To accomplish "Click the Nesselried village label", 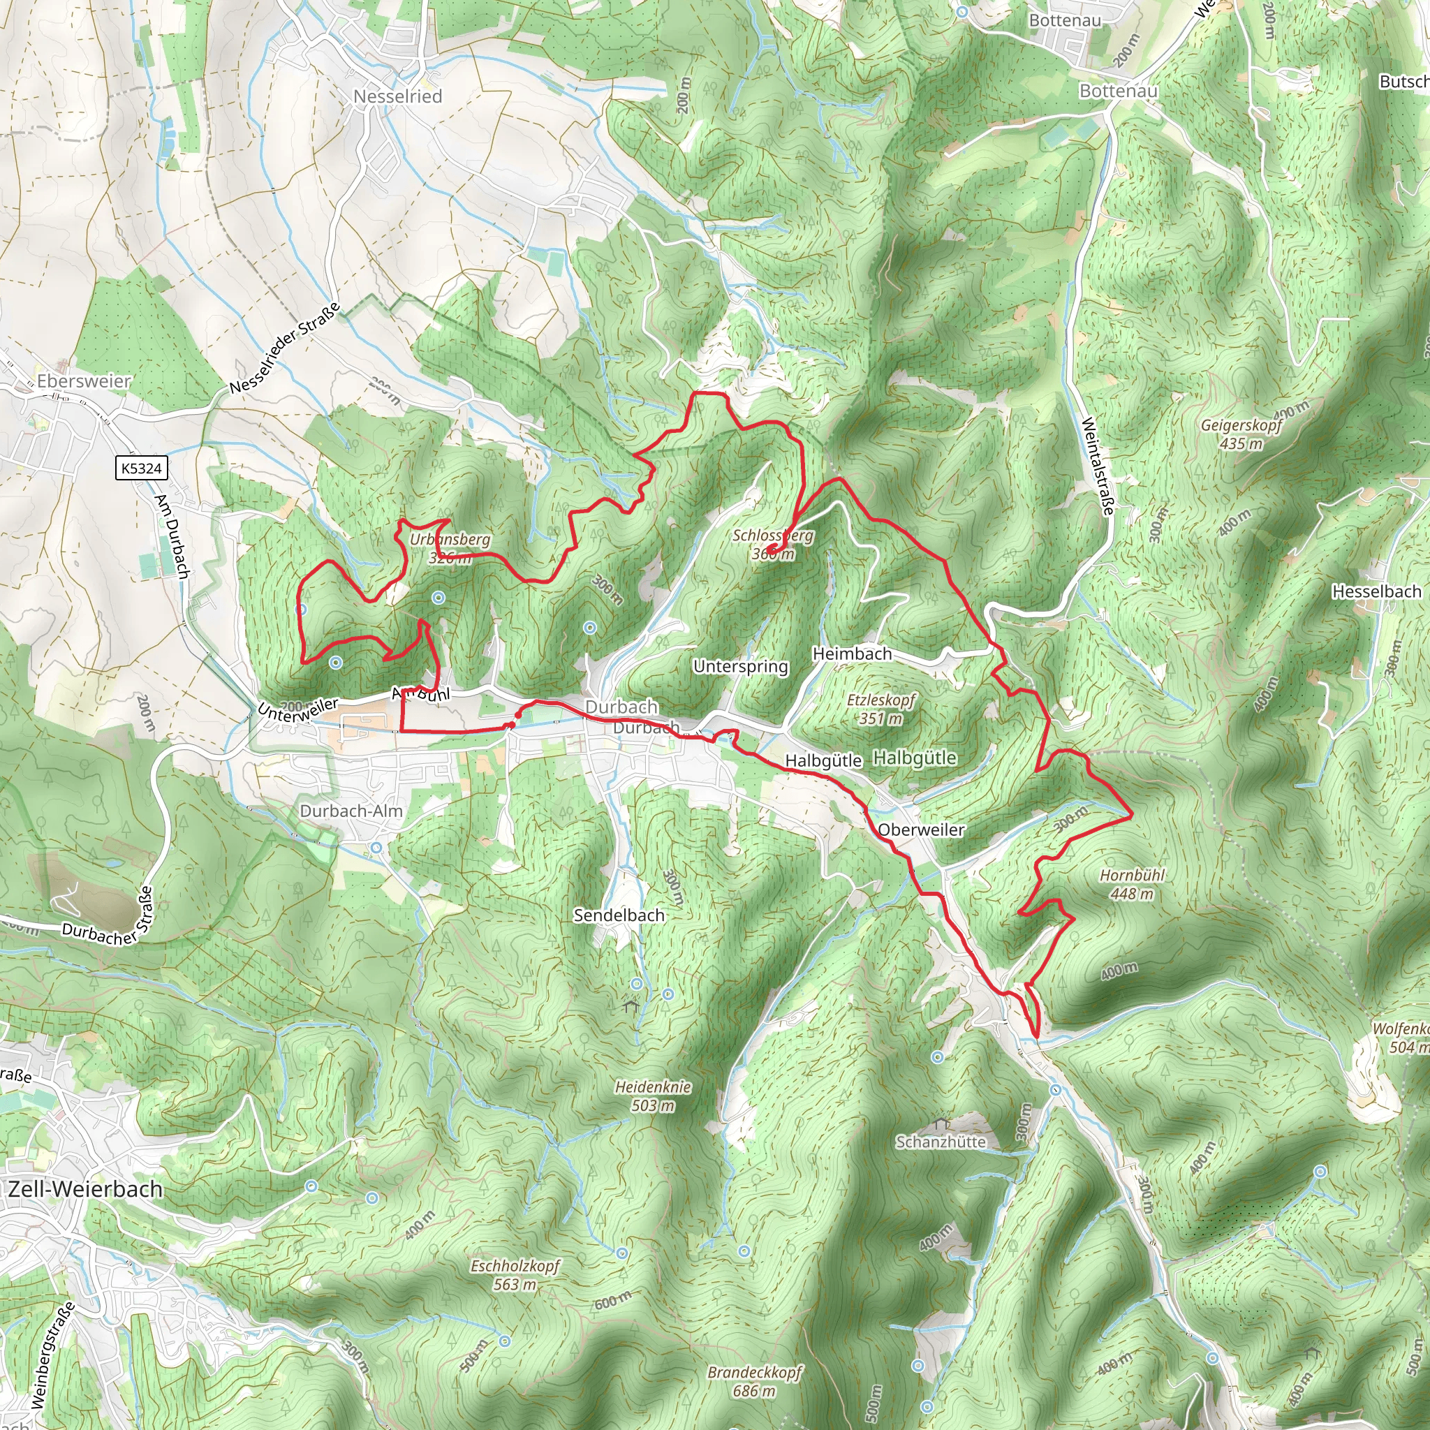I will coord(397,96).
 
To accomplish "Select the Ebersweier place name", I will coord(84,381).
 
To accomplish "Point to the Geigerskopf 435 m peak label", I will coord(1241,434).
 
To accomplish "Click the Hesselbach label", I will coord(1377,591).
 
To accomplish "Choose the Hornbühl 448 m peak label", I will coord(1132,885).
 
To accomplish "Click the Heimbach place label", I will coord(852,654).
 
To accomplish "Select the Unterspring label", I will coord(741,666).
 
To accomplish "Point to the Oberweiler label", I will coord(921,830).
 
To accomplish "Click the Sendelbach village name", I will coord(619,915).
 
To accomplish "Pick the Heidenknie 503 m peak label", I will coord(653,1096).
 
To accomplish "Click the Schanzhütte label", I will coord(941,1142).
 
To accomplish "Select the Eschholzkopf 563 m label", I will coord(515,1274).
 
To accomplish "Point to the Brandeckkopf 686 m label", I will coord(754,1382).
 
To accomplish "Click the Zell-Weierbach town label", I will coord(85,1189).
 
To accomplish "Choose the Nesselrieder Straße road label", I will coord(284,348).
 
